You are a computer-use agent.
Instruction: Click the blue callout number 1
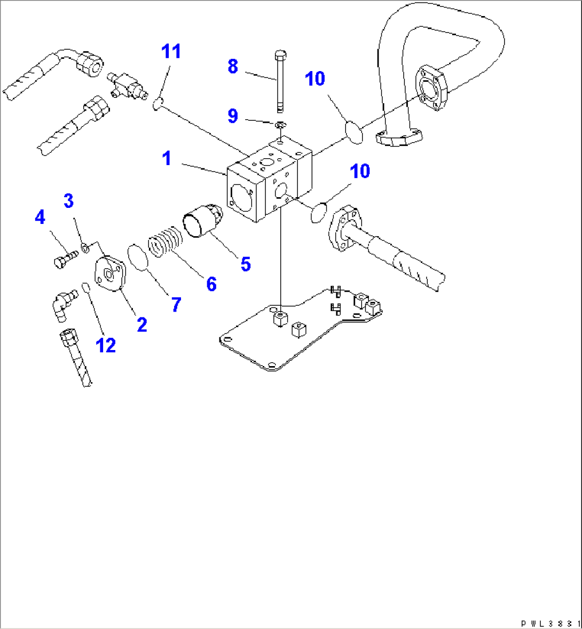[x=167, y=158]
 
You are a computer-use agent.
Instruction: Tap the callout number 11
[x=171, y=51]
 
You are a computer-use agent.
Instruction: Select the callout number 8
[x=233, y=66]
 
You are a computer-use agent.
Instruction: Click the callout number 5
[x=245, y=263]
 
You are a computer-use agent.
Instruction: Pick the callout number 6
[x=211, y=284]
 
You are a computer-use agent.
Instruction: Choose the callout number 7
[x=176, y=305]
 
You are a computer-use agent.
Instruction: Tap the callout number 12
[x=106, y=345]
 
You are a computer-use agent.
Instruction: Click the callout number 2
[x=141, y=324]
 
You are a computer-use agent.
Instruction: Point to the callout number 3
[x=68, y=201]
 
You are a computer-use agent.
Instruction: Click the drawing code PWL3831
[x=550, y=623]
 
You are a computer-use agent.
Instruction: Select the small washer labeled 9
[x=280, y=125]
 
